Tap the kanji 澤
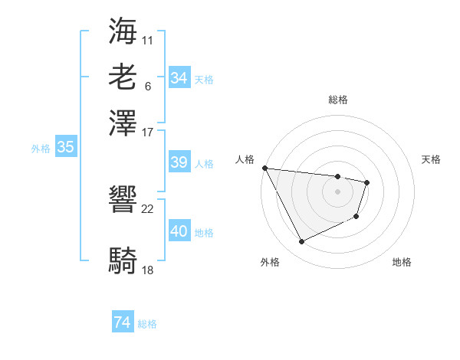[x=123, y=123]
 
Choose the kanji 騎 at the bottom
[x=123, y=261]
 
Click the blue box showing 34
[x=179, y=78]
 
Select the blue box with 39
[x=179, y=162]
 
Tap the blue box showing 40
[x=179, y=231]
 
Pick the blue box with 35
[x=65, y=148]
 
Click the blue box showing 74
[x=123, y=323]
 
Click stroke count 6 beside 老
[x=147, y=85]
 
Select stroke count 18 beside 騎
[x=148, y=270]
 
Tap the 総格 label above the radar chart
[x=338, y=100]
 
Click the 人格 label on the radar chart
[x=245, y=159]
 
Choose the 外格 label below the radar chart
[x=270, y=262]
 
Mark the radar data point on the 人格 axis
[x=264, y=168]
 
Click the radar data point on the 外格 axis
[x=301, y=242]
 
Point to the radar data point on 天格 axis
[x=368, y=182]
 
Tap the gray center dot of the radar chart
[x=338, y=191]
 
